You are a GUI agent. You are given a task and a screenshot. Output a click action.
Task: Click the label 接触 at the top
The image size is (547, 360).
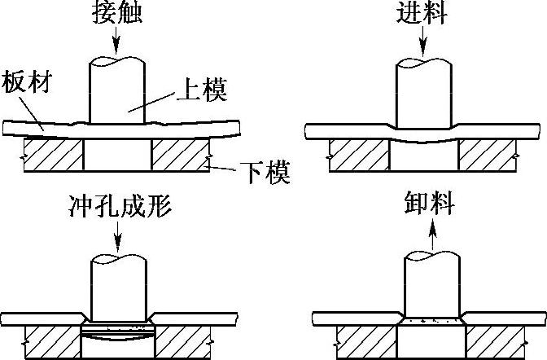pos(116,14)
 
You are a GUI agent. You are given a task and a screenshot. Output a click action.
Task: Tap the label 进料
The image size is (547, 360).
pos(422,14)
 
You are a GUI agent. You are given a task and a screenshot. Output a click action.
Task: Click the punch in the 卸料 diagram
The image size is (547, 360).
pos(431,285)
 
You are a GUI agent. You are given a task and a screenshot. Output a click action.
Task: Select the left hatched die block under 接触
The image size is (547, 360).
pos(53,155)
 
